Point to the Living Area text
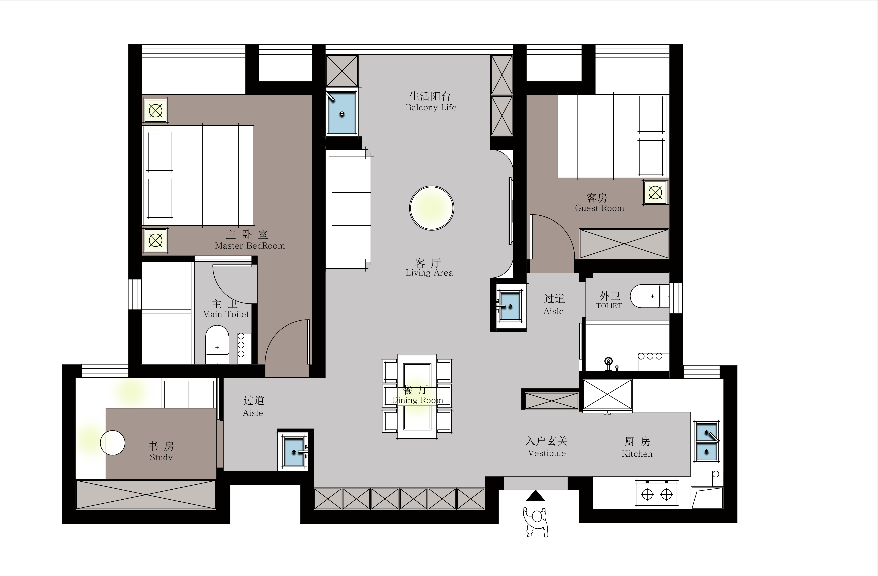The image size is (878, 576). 429,273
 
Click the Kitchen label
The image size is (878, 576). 637,454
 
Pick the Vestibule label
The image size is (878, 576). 547,453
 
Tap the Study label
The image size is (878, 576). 161,458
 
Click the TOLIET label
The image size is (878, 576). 609,306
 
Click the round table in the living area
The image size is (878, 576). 432,208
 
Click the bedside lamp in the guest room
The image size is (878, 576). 655,192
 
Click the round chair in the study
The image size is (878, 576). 112,443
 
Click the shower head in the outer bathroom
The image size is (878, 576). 608,361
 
